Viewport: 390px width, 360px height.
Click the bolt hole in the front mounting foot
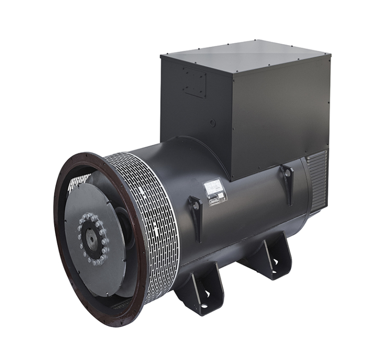[x=206, y=294]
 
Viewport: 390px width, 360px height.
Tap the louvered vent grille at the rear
[x=318, y=180]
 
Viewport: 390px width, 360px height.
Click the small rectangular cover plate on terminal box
[x=194, y=82]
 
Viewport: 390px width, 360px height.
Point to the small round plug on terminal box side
[x=212, y=123]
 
